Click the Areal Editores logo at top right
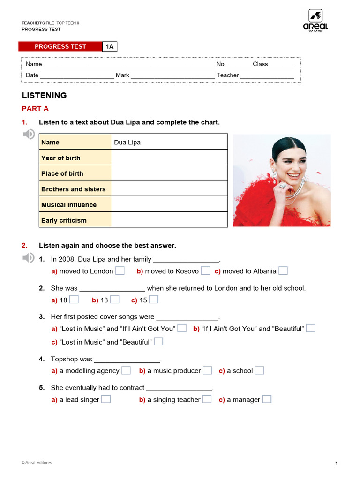tap(315, 20)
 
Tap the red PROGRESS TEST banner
tap(60, 46)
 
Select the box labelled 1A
tap(110, 46)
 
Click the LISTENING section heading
tap(44, 95)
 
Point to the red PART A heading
tap(35, 109)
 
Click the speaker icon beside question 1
tap(29, 135)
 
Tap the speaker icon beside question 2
tap(29, 257)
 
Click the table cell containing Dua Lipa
tap(170, 142)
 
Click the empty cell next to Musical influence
tap(170, 204)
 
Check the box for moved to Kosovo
tap(205, 270)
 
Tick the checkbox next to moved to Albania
tap(283, 270)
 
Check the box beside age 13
tap(114, 300)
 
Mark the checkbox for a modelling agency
tap(126, 370)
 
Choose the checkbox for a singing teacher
tap(207, 399)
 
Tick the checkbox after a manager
tap(266, 399)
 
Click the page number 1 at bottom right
tap(337, 464)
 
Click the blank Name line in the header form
tap(129, 64)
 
